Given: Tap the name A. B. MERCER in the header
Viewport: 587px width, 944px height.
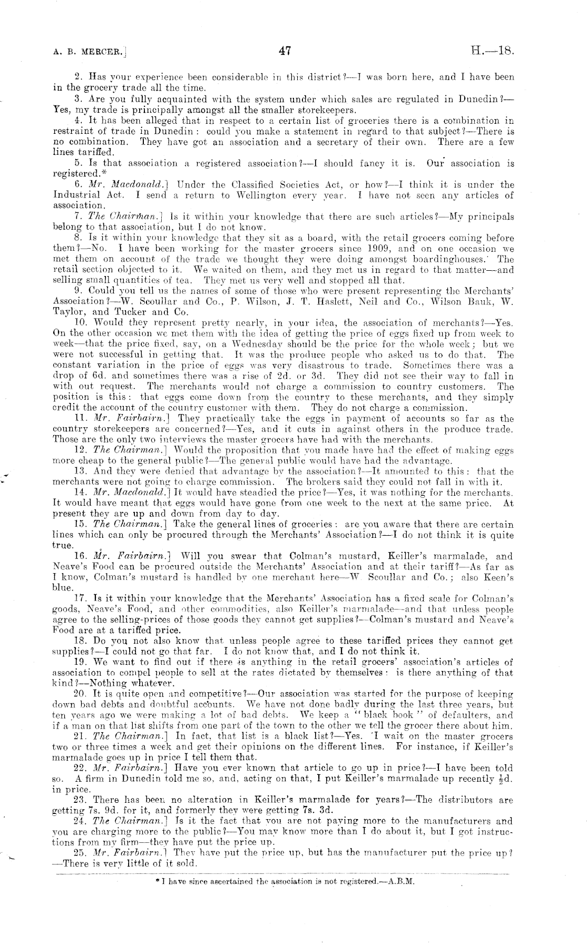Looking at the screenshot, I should coord(90,52).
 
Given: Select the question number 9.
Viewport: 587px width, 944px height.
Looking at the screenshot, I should coord(79,290).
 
